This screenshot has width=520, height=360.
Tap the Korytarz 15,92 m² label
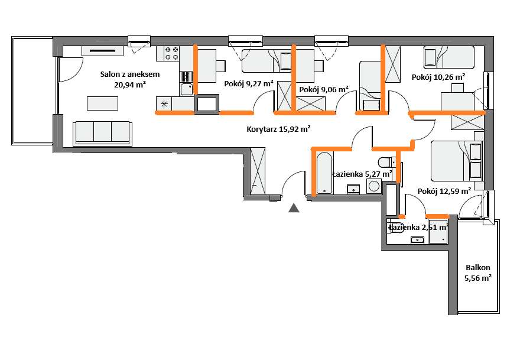point(278,129)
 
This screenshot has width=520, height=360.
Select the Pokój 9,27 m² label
point(249,83)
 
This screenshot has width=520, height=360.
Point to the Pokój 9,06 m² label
point(324,90)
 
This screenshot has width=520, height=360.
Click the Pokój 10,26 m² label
point(438,77)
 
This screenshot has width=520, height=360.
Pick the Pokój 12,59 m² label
point(444,192)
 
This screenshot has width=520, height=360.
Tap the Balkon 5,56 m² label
point(478,273)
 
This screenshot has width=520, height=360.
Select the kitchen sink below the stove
point(186,89)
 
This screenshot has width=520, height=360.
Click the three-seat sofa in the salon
point(102,133)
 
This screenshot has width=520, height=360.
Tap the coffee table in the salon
point(102,103)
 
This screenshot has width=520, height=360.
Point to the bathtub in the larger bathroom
point(324,173)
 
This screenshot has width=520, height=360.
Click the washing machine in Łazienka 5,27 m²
point(373,186)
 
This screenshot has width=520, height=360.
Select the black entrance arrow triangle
point(294,208)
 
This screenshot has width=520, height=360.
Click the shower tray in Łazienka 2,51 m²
point(438,232)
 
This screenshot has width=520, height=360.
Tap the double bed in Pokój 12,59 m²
point(457,161)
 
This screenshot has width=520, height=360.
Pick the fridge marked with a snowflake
point(164,104)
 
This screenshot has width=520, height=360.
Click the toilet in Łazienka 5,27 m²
point(386,162)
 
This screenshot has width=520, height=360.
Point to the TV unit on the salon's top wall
point(102,51)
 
